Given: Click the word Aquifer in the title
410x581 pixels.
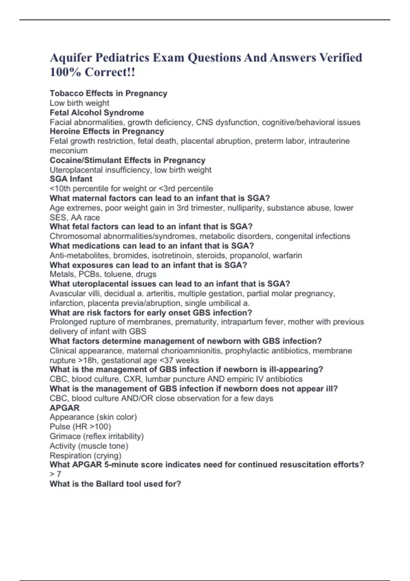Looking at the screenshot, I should point(70,57).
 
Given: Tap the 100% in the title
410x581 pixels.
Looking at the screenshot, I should point(65,72).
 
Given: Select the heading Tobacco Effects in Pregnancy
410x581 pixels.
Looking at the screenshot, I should point(108,93).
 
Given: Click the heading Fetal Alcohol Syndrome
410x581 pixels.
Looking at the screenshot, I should point(97,112).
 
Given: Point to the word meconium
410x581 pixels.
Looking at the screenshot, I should point(68,151).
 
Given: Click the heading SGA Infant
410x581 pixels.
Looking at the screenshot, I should point(71,179).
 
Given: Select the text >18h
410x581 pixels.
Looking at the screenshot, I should point(87,360).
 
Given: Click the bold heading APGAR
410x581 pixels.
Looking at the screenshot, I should point(64,408).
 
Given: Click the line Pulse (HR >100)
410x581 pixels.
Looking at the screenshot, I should point(80,427).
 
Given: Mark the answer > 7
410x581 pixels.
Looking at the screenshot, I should point(55,474).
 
